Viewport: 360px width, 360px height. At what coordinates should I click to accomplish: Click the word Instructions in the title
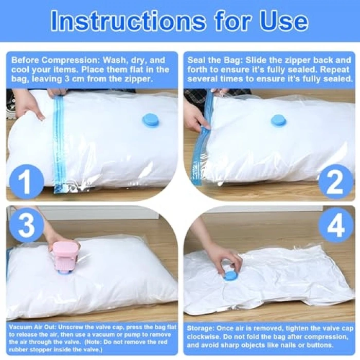click(128, 21)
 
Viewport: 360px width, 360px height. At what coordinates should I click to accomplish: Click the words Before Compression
click(55, 60)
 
